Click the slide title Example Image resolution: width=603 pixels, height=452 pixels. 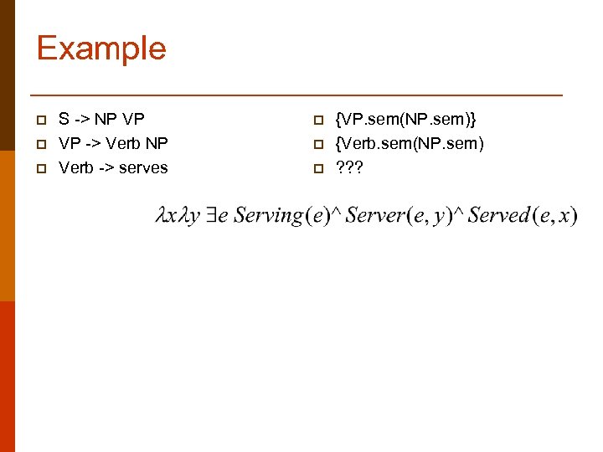pos(101,48)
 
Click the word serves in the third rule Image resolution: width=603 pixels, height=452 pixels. pos(143,167)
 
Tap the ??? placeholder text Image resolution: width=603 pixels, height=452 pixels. pos(348,167)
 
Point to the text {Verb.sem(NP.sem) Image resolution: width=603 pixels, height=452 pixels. pos(409,143)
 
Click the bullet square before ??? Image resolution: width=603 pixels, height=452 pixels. pos(317,168)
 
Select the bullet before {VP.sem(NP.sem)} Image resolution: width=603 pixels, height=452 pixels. pos(317,120)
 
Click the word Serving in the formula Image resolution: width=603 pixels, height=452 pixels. pos(268,216)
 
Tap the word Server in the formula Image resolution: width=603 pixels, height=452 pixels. pos(374,216)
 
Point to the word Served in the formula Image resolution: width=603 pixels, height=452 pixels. pos(498,216)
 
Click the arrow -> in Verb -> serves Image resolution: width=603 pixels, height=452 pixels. pos(105,167)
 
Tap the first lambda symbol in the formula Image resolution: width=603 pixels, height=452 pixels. pos(162,216)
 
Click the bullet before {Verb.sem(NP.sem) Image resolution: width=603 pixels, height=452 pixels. pos(317,144)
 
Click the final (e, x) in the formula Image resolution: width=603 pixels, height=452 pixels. pos(555,216)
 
